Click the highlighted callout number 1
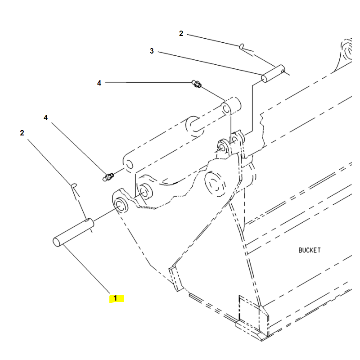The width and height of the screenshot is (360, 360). tap(116, 298)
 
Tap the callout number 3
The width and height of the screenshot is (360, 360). tap(152, 51)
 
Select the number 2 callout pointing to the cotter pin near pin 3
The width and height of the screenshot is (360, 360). tap(181, 33)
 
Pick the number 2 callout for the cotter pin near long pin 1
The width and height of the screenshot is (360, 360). tap(22, 133)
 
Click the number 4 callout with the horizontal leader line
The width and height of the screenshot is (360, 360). tap(99, 83)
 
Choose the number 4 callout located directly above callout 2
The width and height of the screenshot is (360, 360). tap(45, 117)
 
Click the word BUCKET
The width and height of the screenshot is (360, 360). tap(310, 250)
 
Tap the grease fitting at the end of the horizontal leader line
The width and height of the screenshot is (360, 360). tap(197, 83)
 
